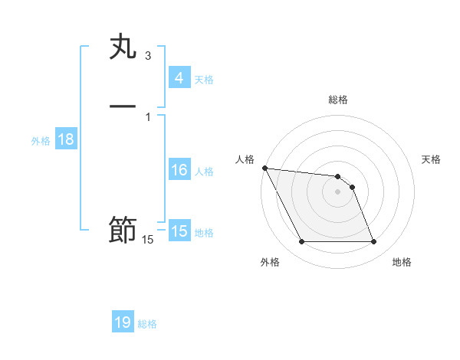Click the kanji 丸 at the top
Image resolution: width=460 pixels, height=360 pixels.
click(x=123, y=47)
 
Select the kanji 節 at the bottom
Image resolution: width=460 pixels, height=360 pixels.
click(x=123, y=230)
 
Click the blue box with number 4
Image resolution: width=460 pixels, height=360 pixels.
click(x=179, y=78)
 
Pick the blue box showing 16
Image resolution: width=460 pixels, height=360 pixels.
click(x=179, y=170)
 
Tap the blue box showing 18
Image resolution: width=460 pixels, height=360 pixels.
click(x=65, y=140)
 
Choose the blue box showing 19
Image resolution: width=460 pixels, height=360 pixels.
click(x=123, y=322)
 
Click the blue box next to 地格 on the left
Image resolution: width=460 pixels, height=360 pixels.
click(x=179, y=231)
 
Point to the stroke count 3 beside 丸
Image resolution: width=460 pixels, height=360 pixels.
click(x=148, y=56)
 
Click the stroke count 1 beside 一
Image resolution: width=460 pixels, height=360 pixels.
click(x=148, y=116)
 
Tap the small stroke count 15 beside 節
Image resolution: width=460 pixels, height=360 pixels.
click(x=147, y=241)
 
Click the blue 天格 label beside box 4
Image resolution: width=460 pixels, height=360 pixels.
click(x=204, y=80)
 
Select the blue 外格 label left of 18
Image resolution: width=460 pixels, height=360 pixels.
click(x=41, y=141)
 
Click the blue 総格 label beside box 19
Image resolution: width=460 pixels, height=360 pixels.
click(x=147, y=324)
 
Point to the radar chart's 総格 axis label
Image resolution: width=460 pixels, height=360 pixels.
click(x=338, y=100)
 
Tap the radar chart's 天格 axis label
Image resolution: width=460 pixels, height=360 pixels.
click(x=431, y=159)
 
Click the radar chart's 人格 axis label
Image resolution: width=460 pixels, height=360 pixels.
click(x=245, y=159)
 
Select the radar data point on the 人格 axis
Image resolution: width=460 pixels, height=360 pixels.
click(x=265, y=168)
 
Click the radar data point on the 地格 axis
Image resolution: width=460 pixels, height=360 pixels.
click(x=373, y=242)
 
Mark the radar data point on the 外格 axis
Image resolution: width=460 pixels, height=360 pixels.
click(x=302, y=242)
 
